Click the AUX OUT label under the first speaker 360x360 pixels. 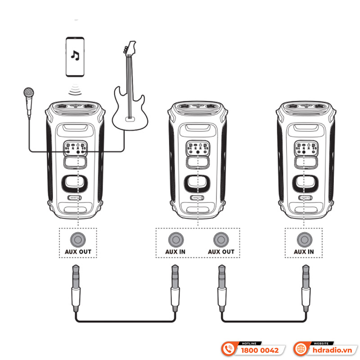tap(78, 251)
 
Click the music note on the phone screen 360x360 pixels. tap(75, 55)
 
